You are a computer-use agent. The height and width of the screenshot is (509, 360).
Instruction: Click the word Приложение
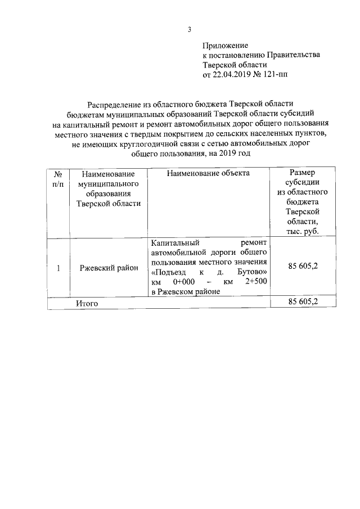[225, 45]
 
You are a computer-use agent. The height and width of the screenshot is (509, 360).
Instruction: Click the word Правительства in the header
[295, 55]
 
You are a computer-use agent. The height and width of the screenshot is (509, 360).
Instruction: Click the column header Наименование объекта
[208, 173]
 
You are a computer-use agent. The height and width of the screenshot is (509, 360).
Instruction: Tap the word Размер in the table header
[302, 173]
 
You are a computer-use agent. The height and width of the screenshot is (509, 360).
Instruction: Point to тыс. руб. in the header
[302, 231]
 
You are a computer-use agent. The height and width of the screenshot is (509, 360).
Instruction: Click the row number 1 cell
[58, 268]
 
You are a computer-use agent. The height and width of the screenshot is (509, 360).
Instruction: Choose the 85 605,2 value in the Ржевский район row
[303, 266]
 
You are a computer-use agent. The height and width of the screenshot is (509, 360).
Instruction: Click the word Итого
[87, 303]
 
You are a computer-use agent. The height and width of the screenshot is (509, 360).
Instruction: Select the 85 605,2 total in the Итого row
[303, 302]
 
